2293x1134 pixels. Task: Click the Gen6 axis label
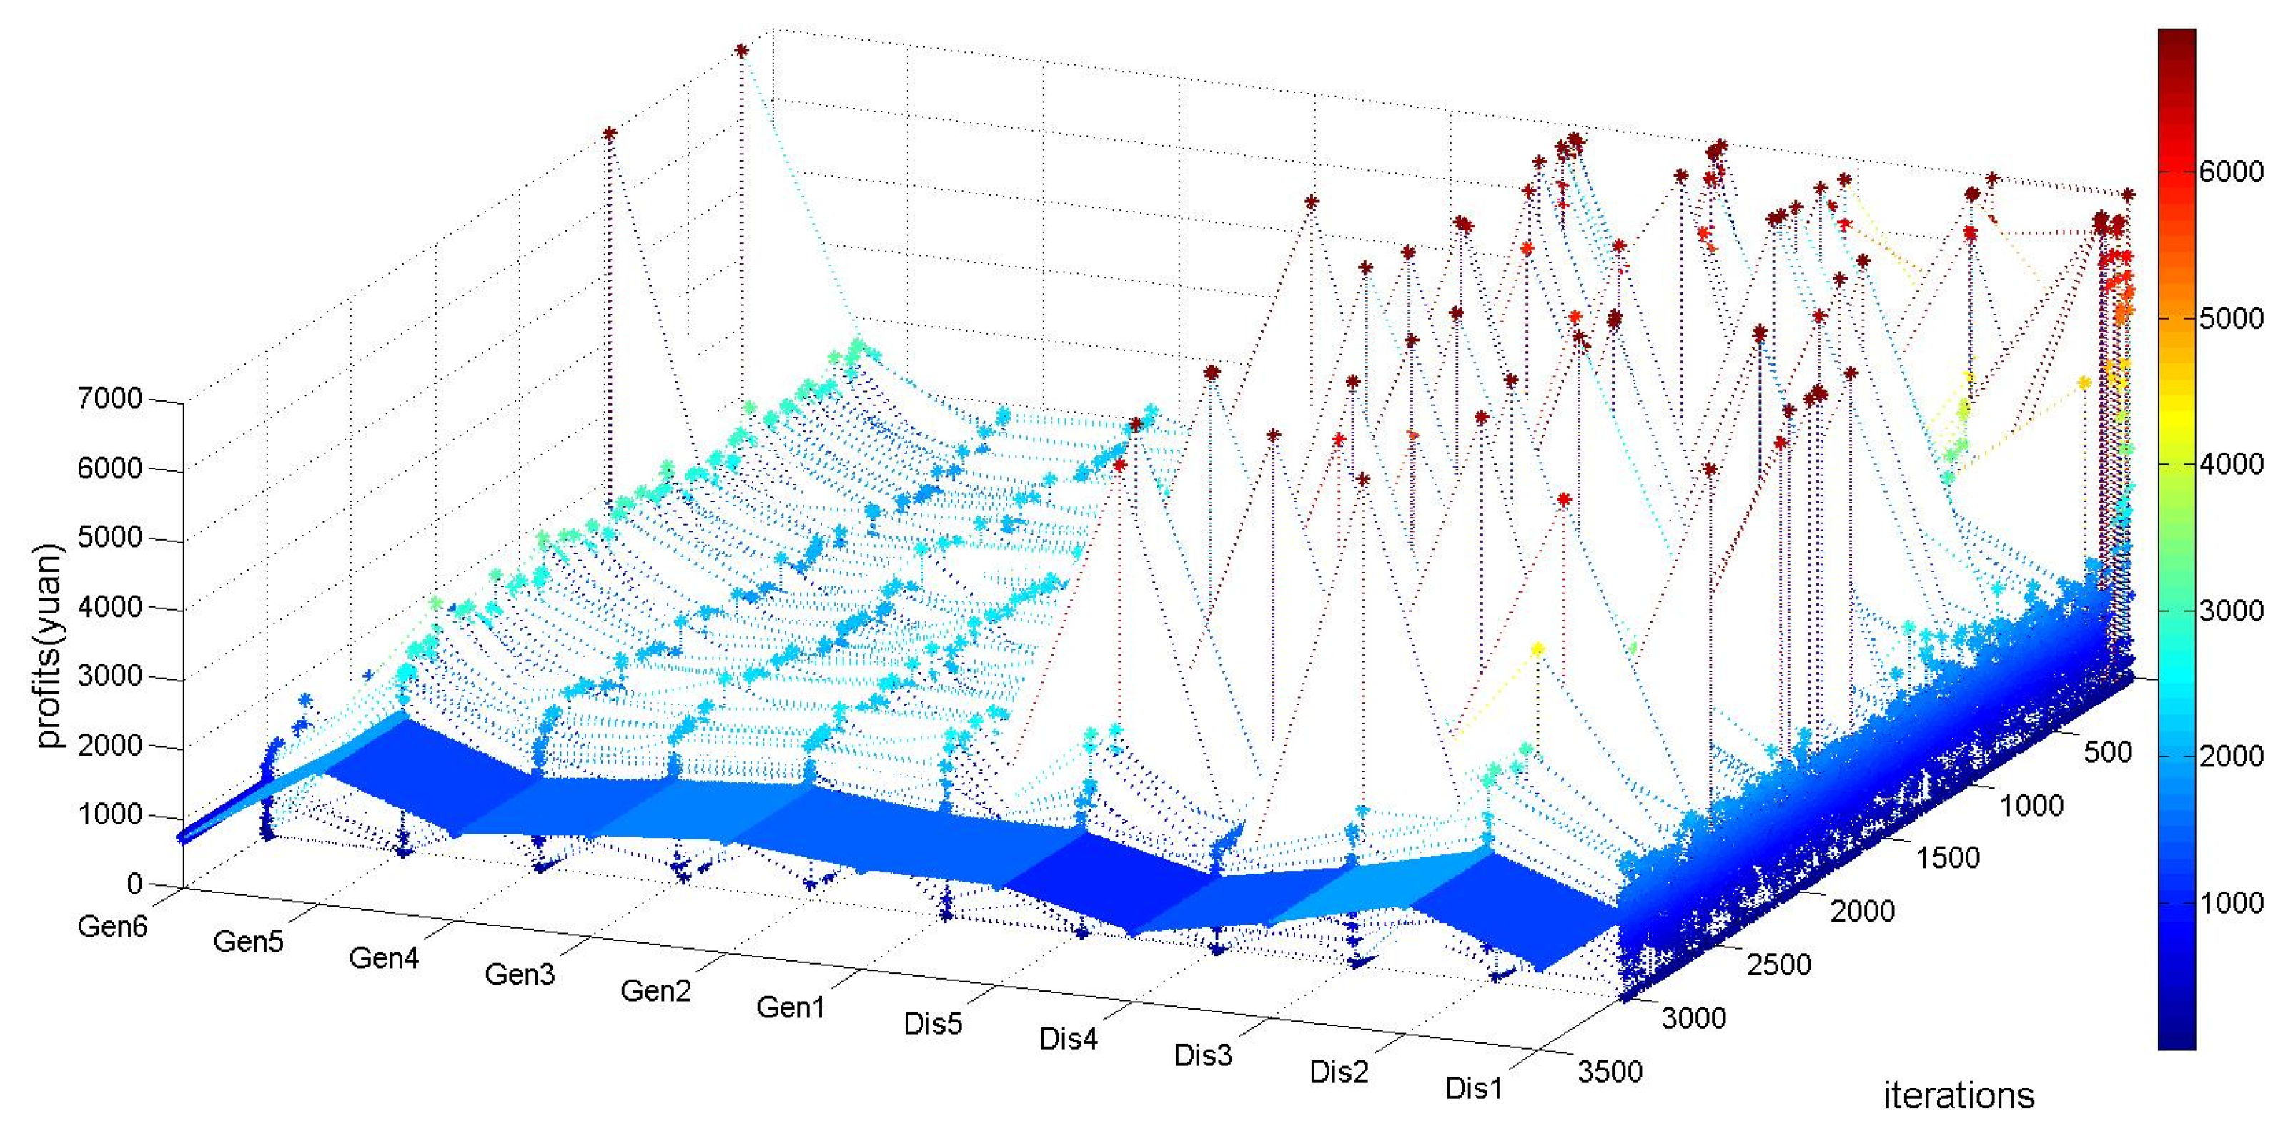coord(112,927)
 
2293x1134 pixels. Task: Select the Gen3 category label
coord(519,975)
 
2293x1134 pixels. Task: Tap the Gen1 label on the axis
coord(791,1007)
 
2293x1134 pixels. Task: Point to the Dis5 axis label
coord(932,1024)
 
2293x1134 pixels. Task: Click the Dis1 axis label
coord(1473,1088)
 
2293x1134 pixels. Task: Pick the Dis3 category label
coord(1202,1055)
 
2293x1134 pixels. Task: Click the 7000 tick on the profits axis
coord(109,399)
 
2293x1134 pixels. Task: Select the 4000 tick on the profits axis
coord(109,607)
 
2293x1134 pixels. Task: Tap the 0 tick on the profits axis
coord(134,884)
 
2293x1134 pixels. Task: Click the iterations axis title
coord(1958,1095)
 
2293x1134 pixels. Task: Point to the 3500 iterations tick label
coord(1610,1071)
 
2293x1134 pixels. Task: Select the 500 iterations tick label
coord(2107,752)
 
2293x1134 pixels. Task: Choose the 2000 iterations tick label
coord(1862,912)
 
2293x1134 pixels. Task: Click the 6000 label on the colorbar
coord(2231,172)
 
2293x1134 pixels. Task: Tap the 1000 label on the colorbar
coord(2231,902)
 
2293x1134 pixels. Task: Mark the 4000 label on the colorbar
coord(2231,464)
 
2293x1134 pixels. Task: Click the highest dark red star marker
coord(741,51)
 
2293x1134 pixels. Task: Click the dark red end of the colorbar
coord(2176,40)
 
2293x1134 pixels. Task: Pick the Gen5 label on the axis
coord(247,942)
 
